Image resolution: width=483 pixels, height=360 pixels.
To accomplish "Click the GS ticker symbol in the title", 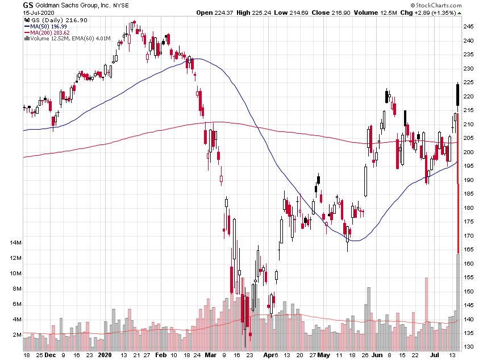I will pos(28,5).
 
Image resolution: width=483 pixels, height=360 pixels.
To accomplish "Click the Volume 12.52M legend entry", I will pos(63,39).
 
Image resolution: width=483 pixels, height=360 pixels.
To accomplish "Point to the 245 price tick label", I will pos(468,27).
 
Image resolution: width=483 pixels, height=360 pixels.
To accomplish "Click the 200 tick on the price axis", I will pos(468,152).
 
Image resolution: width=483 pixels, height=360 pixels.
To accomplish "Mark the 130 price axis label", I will pos(468,347).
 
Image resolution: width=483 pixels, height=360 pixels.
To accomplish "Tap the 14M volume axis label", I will pos(15,243).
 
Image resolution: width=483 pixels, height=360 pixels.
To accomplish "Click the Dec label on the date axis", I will pos(51,354).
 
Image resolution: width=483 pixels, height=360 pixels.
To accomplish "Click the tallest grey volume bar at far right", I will pos(459,301).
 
